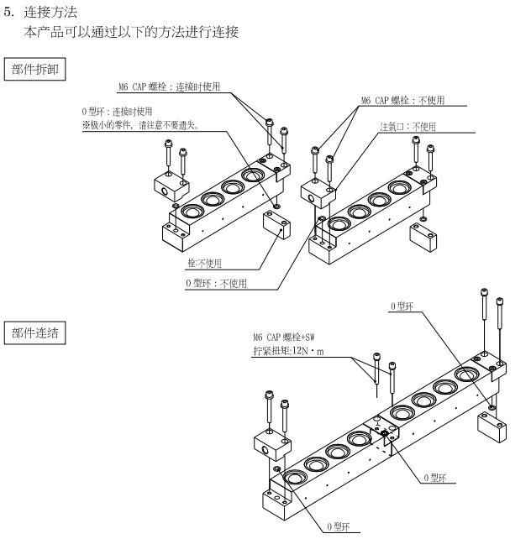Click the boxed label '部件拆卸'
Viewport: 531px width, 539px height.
click(x=35, y=68)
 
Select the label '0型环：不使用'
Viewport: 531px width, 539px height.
click(x=216, y=283)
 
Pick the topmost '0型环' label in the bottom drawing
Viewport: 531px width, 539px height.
click(x=403, y=306)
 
